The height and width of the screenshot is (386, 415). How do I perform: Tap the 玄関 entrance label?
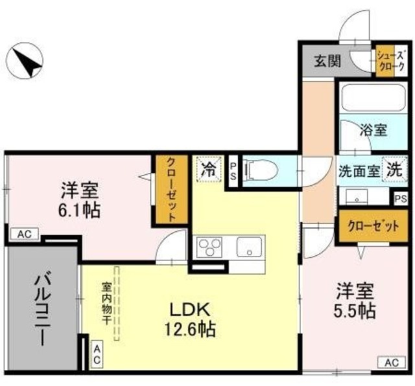coord(327,62)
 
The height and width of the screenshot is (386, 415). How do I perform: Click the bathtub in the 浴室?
coord(372,97)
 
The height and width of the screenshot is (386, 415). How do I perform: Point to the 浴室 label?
coord(374,130)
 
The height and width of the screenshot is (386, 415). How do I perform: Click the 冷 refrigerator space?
coord(209,170)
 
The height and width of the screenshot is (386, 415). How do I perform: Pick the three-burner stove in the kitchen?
coord(211,247)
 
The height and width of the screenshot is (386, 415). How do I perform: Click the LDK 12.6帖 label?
coord(189,319)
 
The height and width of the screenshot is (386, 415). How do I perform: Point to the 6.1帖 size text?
coord(80,210)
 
